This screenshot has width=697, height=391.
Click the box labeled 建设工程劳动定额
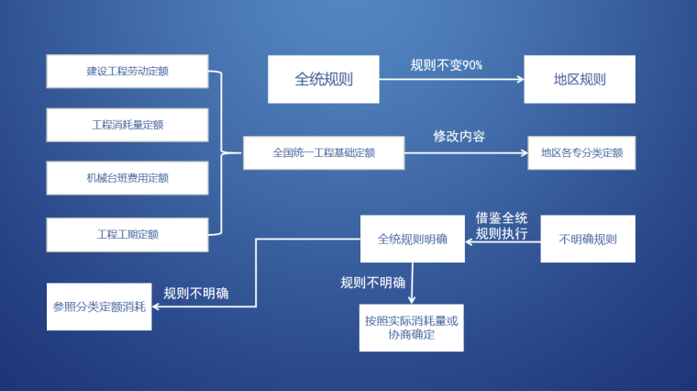127,72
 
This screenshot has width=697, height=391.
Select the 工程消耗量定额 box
127,125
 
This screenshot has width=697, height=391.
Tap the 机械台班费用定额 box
127,178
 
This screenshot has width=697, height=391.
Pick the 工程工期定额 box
127,234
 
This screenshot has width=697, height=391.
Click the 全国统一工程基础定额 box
323,153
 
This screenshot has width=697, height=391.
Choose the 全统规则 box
323,79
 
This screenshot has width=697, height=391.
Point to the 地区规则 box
579,79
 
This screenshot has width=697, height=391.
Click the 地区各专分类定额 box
581,153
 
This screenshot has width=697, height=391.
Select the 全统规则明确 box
413,239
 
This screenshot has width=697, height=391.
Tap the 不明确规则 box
588,239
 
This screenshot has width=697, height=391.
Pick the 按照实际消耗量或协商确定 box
412,328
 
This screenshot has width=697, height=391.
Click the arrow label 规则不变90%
446,65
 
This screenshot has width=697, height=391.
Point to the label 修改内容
459,136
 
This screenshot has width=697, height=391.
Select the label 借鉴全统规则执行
502,226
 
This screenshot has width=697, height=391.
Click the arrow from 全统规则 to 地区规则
449,79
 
